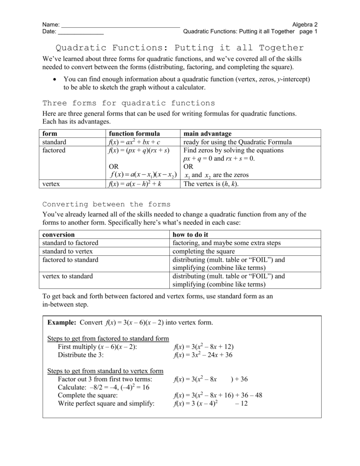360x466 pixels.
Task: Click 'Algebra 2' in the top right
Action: pos(304,24)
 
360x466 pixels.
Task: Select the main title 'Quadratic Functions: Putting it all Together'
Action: pos(179,48)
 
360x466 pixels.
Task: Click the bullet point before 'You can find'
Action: pos(55,79)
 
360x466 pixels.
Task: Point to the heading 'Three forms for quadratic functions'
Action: pos(128,103)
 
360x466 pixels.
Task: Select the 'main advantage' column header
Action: pos(207,134)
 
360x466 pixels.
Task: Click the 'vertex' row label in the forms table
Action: pos(51,184)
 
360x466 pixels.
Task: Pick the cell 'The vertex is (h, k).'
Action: pos(211,184)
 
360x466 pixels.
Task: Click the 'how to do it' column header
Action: pos(190,235)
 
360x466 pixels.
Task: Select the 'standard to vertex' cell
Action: pos(67,251)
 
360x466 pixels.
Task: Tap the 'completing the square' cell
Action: pos(203,251)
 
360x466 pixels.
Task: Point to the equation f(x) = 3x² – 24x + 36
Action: pos(203,355)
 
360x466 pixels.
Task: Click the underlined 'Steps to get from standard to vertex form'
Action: pos(105,371)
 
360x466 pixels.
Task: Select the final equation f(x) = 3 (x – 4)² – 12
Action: pos(210,403)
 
